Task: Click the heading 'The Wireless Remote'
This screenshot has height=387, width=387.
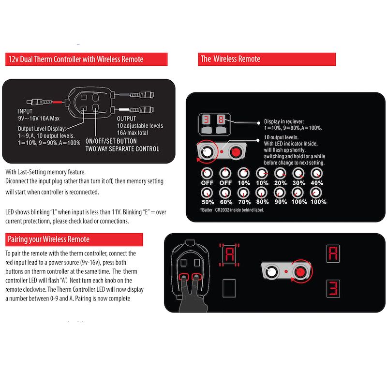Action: pyautogui.click(x=230, y=59)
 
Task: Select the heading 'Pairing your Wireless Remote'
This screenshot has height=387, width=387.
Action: pyautogui.click(x=48, y=239)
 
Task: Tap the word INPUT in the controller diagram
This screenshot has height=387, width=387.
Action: pyautogui.click(x=25, y=111)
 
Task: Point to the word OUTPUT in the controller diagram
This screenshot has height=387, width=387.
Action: pyautogui.click(x=127, y=118)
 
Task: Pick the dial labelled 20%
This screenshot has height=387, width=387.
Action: pyautogui.click(x=280, y=173)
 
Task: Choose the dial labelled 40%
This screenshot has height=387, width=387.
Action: pyautogui.click(x=317, y=173)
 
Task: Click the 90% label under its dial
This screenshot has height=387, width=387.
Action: pyautogui.click(x=281, y=202)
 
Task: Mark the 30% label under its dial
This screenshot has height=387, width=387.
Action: pyautogui.click(x=299, y=183)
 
